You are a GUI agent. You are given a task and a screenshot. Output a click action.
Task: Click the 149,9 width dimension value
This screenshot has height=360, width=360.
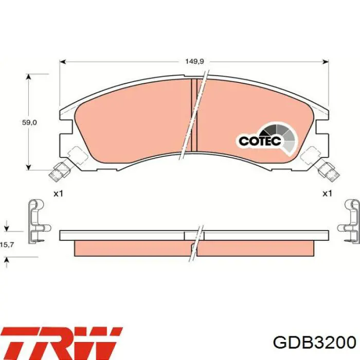(x=195, y=61)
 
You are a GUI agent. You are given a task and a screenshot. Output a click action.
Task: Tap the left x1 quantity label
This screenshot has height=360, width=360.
(x=58, y=193)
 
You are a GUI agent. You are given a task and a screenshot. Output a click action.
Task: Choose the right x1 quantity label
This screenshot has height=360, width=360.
(x=327, y=193)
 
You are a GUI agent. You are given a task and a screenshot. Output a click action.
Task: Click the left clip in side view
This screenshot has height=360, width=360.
(x=37, y=220)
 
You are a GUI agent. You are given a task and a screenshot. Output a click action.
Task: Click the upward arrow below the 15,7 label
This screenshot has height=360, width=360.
(x=6, y=262)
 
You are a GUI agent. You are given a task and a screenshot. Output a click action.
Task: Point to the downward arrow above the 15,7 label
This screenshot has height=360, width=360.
(x=6, y=227)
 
